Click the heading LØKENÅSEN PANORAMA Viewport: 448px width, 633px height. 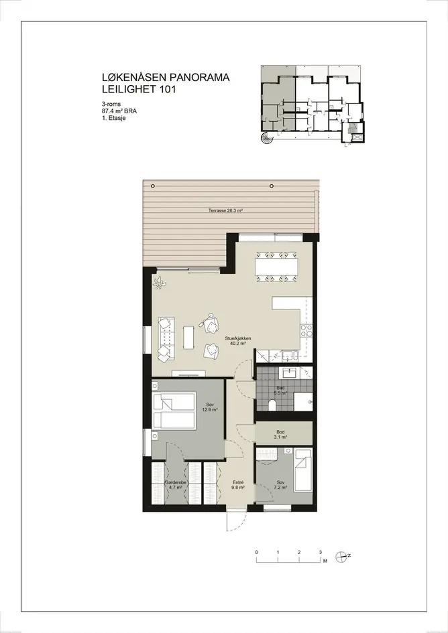(166, 77)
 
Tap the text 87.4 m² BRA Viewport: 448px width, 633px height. (119, 111)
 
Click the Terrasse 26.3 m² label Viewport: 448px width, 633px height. (225, 210)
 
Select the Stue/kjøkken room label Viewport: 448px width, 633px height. (238, 341)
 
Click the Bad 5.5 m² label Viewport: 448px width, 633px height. (280, 391)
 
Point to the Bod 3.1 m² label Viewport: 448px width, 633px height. (280, 435)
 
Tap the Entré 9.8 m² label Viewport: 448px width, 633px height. (237, 485)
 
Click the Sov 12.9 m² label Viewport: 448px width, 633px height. (210, 407)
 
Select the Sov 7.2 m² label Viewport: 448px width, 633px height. (280, 485)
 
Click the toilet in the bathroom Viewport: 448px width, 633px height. (272, 405)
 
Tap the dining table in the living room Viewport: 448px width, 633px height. (276, 267)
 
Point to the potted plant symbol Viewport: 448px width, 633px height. (160, 282)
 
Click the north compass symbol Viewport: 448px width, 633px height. (342, 557)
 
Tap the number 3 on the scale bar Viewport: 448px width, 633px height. (320, 552)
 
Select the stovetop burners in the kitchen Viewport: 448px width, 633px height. (306, 331)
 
